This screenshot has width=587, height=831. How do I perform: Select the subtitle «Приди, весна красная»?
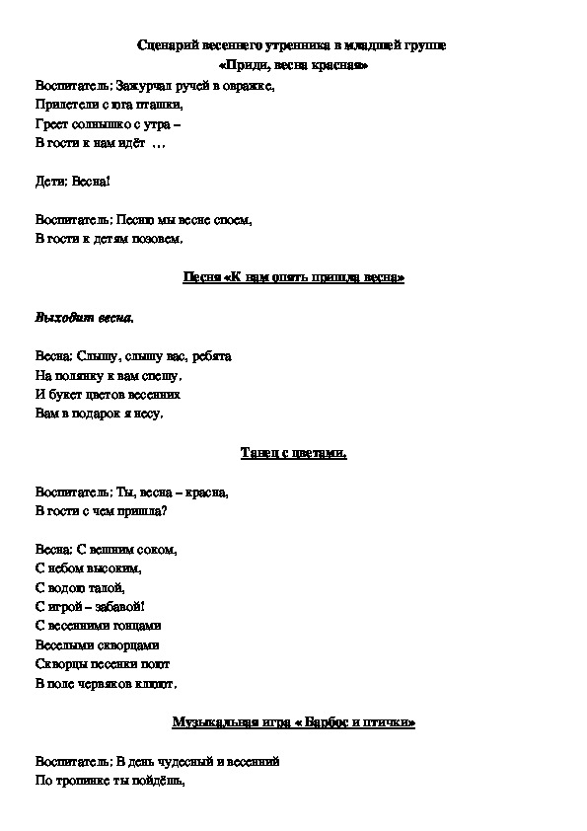pos(294,65)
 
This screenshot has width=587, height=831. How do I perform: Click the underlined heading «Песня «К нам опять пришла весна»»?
pos(294,277)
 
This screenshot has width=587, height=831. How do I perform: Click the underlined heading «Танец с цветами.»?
pos(294,452)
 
